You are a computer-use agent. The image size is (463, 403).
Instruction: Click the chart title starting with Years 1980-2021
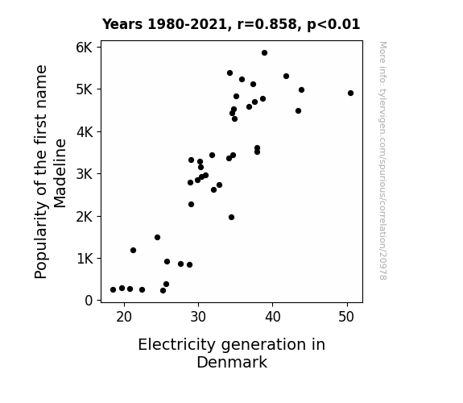231,24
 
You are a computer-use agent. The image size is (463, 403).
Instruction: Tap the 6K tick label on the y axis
85,48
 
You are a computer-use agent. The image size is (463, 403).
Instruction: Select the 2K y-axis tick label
85,217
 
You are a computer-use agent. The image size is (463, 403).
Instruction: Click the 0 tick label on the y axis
89,301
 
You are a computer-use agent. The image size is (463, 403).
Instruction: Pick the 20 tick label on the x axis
124,317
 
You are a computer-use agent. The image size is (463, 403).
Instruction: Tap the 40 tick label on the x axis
272,317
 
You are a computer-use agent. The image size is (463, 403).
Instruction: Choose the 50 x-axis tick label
346,317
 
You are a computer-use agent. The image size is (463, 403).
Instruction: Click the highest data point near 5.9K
264,53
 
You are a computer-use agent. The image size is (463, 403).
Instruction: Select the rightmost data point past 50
350,93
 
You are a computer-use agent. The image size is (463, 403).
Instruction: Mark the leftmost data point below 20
113,290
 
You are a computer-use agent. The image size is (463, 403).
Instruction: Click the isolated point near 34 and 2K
232,218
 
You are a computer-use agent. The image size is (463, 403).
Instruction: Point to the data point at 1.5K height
157,238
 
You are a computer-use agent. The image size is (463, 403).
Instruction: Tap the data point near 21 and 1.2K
133,251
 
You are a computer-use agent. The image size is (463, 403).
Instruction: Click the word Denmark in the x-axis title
232,363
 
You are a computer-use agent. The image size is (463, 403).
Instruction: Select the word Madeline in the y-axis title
60,173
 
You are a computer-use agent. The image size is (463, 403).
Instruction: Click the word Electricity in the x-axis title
176,345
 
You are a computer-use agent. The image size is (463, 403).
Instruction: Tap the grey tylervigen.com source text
382,160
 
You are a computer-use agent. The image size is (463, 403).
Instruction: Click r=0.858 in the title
267,24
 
